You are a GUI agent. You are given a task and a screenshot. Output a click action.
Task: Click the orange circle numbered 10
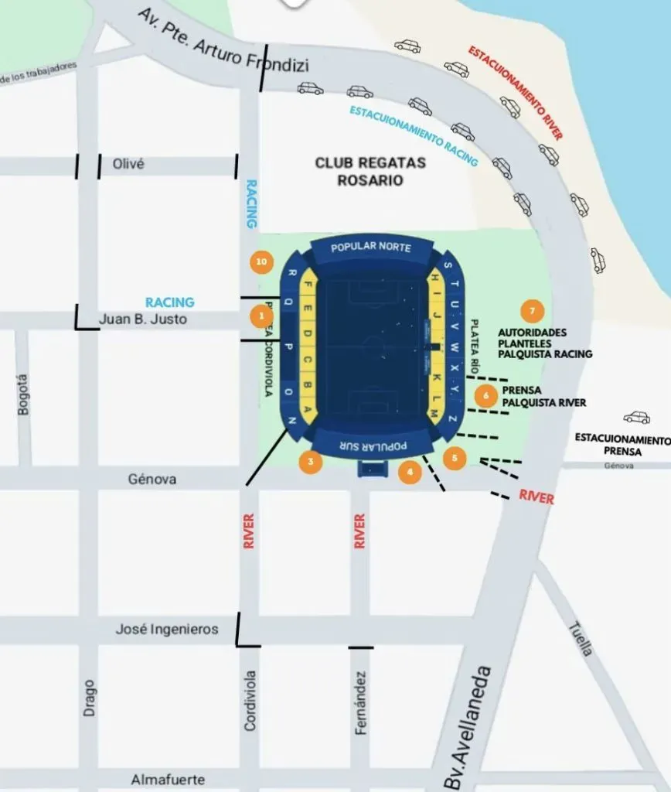(x=262, y=262)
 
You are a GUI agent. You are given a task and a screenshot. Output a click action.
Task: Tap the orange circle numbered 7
(x=531, y=311)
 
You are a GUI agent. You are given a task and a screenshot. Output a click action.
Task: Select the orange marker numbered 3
(x=310, y=462)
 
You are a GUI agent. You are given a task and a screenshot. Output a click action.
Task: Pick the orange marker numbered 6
(x=485, y=395)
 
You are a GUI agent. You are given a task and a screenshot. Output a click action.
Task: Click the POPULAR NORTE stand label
(x=371, y=247)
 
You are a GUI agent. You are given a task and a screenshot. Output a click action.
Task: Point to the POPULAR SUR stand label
(x=373, y=446)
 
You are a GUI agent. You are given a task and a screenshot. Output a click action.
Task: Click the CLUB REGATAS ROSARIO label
(x=359, y=171)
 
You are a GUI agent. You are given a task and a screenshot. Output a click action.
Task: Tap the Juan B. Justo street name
(x=143, y=319)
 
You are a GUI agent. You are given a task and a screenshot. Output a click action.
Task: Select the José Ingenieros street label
(x=166, y=630)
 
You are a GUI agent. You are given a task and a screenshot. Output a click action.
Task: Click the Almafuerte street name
(x=168, y=779)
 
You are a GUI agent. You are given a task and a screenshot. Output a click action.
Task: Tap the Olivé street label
(x=129, y=165)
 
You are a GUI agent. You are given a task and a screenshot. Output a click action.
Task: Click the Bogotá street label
(x=24, y=394)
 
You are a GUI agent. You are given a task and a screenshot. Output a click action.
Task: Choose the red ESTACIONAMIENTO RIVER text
(x=515, y=92)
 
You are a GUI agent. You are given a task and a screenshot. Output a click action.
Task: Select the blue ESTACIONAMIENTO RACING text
(x=414, y=136)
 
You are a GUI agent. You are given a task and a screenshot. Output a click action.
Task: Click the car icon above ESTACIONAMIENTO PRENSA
(x=636, y=418)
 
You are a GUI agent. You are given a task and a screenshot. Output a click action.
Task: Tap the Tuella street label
(x=581, y=639)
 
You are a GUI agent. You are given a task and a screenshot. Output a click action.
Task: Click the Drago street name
(x=89, y=697)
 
